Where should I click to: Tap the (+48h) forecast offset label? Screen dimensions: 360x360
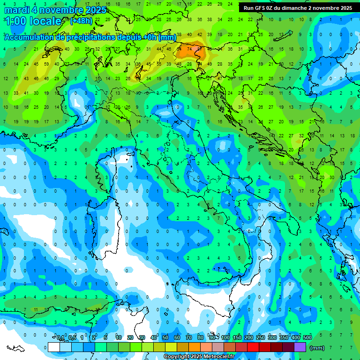coord(81,21)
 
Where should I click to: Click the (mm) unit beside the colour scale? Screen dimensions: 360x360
coord(317,348)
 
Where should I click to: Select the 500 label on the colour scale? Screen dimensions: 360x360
coord(307,338)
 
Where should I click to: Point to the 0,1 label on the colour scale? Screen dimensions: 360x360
coord(60,338)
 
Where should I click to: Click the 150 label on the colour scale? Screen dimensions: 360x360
coord(237,338)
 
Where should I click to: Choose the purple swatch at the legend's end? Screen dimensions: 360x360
coord(300,347)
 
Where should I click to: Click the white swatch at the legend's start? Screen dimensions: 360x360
coord(54,347)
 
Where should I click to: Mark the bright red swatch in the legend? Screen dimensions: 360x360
coord(253,347)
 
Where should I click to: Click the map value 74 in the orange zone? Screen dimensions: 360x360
coord(189,48)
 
